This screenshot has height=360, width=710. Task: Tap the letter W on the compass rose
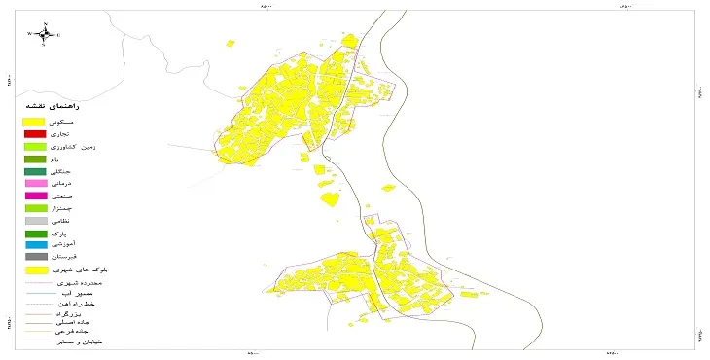tap(29, 34)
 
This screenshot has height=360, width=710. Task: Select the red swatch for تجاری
tap(35, 133)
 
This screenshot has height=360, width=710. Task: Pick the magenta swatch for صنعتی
tap(35, 197)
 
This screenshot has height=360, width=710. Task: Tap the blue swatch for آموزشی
tap(35, 245)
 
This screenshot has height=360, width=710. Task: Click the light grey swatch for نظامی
tap(35, 221)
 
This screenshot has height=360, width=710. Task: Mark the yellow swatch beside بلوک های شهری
tap(35, 270)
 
